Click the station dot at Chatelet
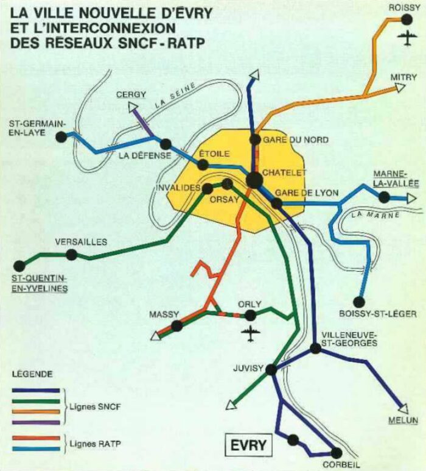coord(254,180)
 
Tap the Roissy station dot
coord(407,19)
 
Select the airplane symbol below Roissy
coord(407,39)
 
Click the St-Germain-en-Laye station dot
coord(60,137)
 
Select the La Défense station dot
coord(166,144)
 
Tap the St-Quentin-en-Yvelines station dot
coord(20,266)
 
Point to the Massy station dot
coord(176,326)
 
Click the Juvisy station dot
coord(271,369)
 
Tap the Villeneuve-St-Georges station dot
coord(315,349)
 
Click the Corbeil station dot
coord(335,452)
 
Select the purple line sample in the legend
coord(36,422)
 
